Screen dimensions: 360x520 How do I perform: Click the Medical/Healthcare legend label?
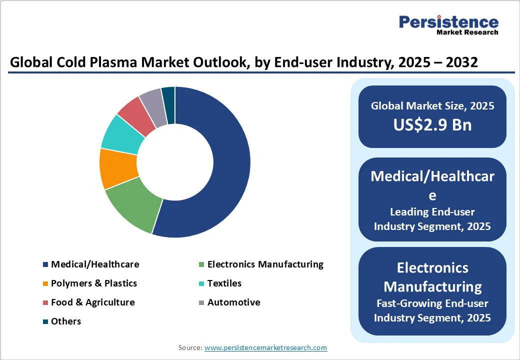pyautogui.click(x=95, y=264)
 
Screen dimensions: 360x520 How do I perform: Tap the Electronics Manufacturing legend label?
pyautogui.click(x=265, y=264)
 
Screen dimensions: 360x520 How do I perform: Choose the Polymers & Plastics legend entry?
pyautogui.click(x=93, y=283)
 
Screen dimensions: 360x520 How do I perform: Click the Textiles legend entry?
pyautogui.click(x=224, y=283)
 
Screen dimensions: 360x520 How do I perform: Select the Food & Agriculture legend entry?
pyautogui.click(x=92, y=302)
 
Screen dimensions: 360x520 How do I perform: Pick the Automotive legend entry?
pyautogui.click(x=233, y=302)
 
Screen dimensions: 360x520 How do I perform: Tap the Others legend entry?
pyautogui.click(x=65, y=321)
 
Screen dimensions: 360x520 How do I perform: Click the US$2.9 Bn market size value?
pyautogui.click(x=432, y=124)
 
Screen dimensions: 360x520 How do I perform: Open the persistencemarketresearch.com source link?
pyautogui.click(x=265, y=347)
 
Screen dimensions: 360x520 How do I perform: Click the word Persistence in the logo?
pyautogui.click(x=448, y=22)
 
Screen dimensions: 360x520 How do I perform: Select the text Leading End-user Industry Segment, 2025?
pyautogui.click(x=432, y=219)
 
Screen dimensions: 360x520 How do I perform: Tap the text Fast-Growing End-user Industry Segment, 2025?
pyautogui.click(x=432, y=310)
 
